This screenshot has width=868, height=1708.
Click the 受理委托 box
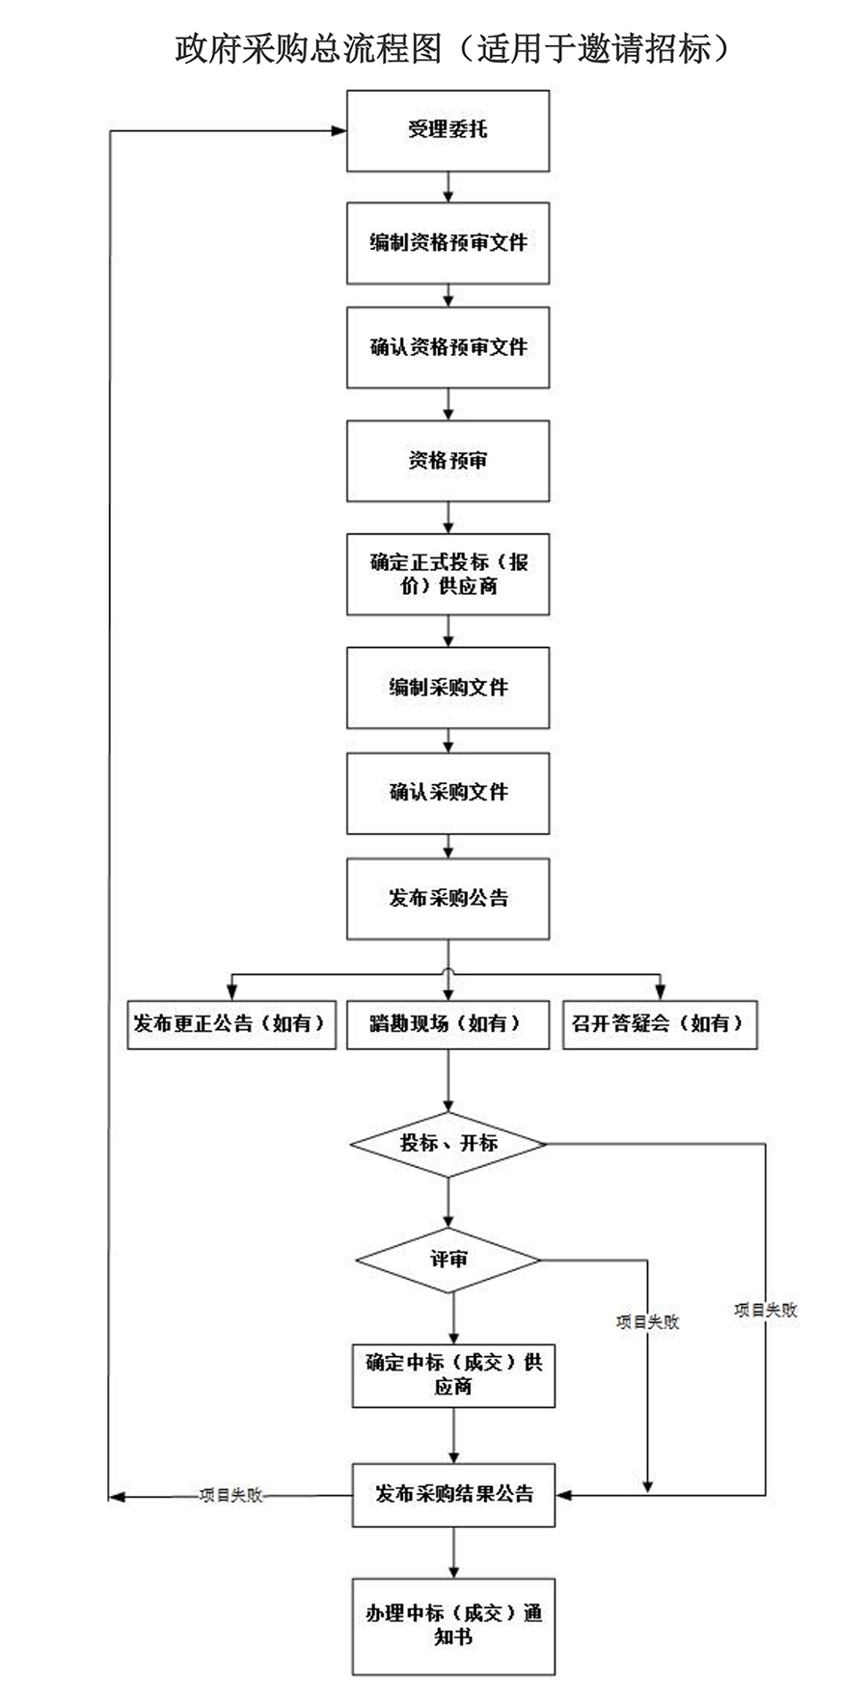click(448, 131)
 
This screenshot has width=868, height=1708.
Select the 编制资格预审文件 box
click(448, 243)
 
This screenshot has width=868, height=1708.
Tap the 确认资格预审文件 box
click(448, 347)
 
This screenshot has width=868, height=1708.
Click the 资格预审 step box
click(448, 461)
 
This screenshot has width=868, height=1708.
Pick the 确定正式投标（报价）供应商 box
click(448, 574)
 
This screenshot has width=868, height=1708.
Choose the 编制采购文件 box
click(448, 688)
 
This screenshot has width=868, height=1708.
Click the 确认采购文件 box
click(448, 793)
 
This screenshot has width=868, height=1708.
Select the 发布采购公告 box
click(448, 899)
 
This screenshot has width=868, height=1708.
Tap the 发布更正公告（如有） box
click(231, 1024)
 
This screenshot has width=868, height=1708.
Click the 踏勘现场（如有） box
click(448, 1024)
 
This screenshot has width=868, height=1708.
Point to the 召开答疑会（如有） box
click(660, 1024)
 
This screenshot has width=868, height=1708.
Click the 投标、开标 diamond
click(448, 1144)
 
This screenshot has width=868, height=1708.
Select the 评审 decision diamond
click(448, 1260)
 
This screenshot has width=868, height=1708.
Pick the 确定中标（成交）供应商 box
click(453, 1374)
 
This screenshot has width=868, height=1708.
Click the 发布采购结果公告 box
click(453, 1494)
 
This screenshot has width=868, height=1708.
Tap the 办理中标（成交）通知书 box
click(453, 1625)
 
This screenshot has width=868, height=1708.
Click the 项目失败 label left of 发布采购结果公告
click(231, 1496)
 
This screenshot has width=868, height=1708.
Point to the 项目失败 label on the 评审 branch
click(647, 1322)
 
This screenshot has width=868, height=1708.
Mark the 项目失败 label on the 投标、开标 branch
click(766, 1310)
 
